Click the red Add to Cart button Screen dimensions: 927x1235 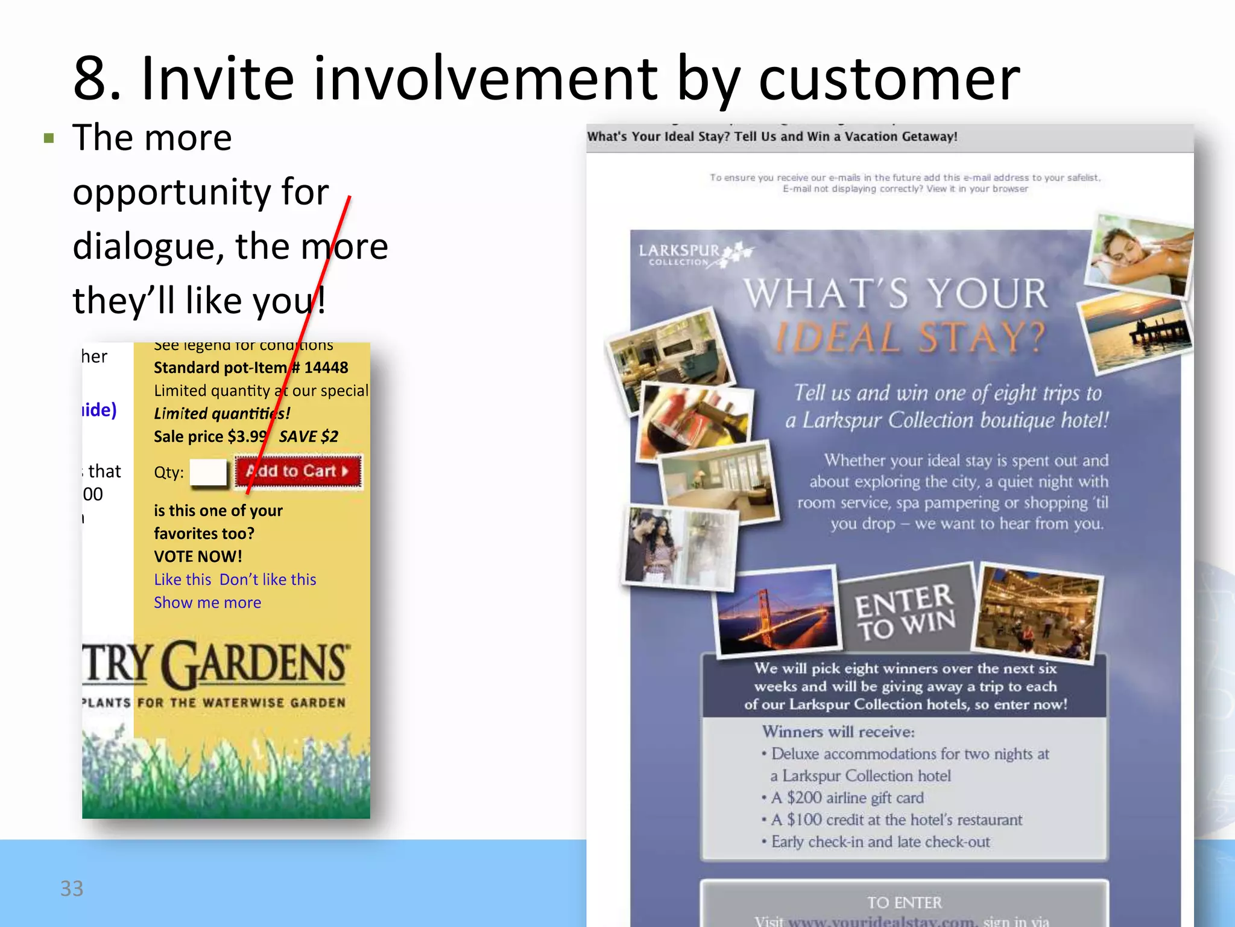coord(298,471)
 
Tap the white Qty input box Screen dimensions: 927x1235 coord(208,472)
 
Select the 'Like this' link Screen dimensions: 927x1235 coord(183,579)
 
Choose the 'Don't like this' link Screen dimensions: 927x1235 coord(268,579)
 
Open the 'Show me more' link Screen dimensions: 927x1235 coord(207,602)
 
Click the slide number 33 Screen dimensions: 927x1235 coord(72,888)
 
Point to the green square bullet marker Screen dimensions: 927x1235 coord(49,138)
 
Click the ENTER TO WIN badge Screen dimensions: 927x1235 coord(905,611)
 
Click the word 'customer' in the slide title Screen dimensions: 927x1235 coord(889,78)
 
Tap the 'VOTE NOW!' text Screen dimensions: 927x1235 coord(198,556)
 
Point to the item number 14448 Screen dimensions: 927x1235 coord(326,368)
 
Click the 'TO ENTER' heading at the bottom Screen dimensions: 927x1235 coord(904,902)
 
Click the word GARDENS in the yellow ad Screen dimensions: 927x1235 coord(256,664)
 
